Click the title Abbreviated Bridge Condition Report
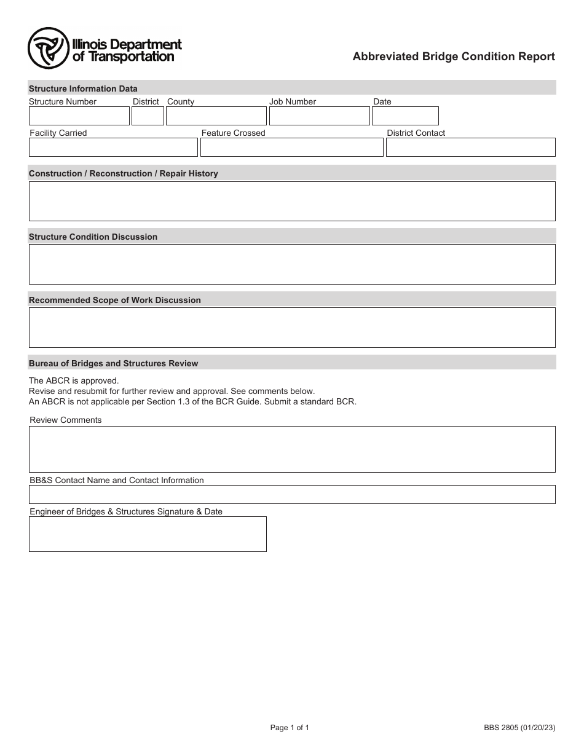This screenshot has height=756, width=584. tap(453, 57)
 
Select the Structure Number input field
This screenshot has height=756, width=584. tap(79, 116)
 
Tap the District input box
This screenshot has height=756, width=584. tap(148, 116)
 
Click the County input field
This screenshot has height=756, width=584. tap(216, 116)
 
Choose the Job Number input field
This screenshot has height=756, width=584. tap(319, 116)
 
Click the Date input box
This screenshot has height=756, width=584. tap(405, 116)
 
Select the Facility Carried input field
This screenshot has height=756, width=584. tap(113, 148)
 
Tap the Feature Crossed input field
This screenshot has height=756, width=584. tap(291, 148)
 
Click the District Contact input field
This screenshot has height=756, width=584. tap(470, 148)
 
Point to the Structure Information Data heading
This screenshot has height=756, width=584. tap(83, 89)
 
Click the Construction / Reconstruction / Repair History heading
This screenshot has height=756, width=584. tap(123, 174)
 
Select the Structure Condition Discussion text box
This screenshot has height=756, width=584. tap(292, 264)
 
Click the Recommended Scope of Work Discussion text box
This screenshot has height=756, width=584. tap(292, 328)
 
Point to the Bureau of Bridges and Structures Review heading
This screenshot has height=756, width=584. tap(113, 364)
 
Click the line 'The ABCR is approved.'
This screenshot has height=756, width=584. tap(74, 380)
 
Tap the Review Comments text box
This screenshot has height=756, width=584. tap(292, 449)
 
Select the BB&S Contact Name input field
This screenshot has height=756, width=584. tap(292, 495)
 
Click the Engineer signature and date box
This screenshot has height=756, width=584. tap(148, 534)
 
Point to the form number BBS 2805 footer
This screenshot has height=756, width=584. tap(519, 728)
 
